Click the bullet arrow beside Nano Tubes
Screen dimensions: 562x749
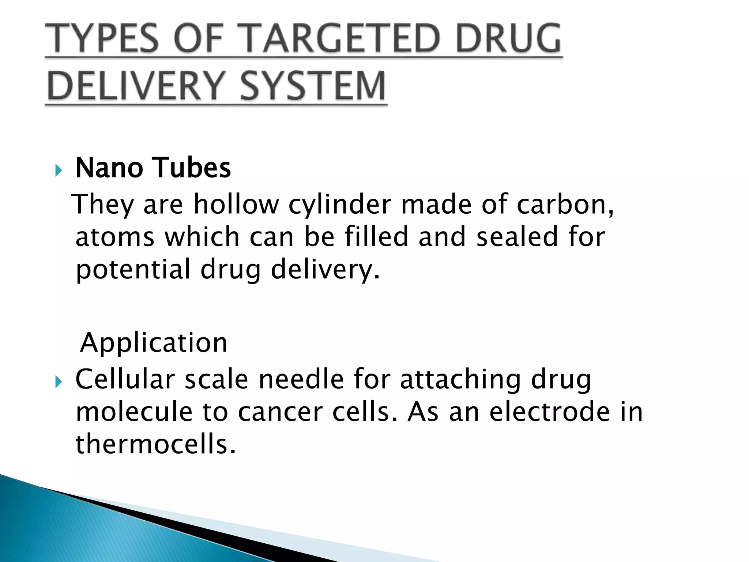coord(59,170)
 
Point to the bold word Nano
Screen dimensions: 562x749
coord(109,168)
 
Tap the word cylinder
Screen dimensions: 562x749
coord(340,205)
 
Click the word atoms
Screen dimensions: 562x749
coord(115,237)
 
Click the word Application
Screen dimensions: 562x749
coord(154,343)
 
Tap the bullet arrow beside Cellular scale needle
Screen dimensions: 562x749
coord(59,382)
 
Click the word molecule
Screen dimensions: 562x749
coord(134,412)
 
